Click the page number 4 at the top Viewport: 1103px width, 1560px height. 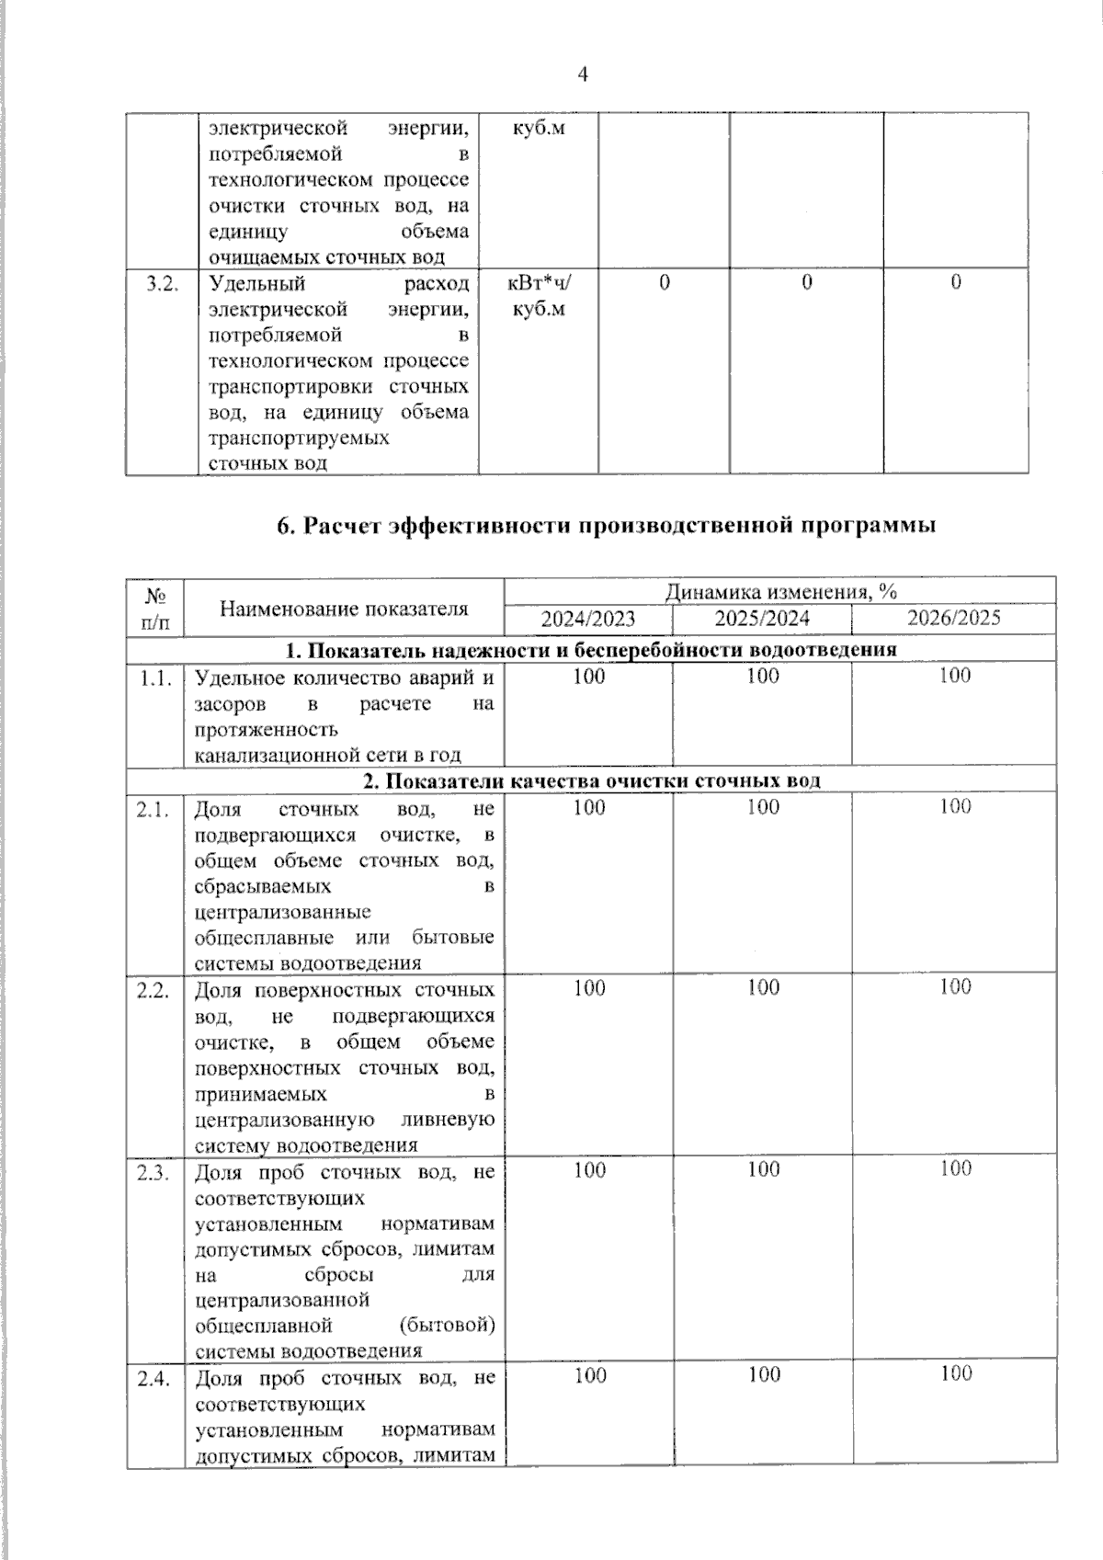(581, 75)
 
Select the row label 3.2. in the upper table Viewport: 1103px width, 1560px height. (162, 283)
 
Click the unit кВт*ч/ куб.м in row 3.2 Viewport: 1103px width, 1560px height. (539, 295)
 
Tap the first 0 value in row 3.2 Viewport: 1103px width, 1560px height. (664, 283)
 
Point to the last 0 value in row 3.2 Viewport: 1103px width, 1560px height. (956, 283)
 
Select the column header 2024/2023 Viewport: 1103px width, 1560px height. (587, 619)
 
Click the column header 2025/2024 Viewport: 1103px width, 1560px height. (762, 619)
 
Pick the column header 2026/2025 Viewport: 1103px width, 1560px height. (953, 618)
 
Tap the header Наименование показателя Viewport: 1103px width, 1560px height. (343, 608)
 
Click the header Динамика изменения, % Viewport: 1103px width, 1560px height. (780, 590)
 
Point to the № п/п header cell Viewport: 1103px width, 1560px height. (155, 608)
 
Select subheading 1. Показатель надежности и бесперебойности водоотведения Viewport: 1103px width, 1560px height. (590, 651)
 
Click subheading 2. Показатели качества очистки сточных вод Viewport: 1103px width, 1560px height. (591, 781)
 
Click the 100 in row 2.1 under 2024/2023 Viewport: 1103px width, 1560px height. (588, 807)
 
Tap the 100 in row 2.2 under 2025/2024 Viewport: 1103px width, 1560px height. (763, 987)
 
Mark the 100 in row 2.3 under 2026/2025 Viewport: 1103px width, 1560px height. (955, 1168)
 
